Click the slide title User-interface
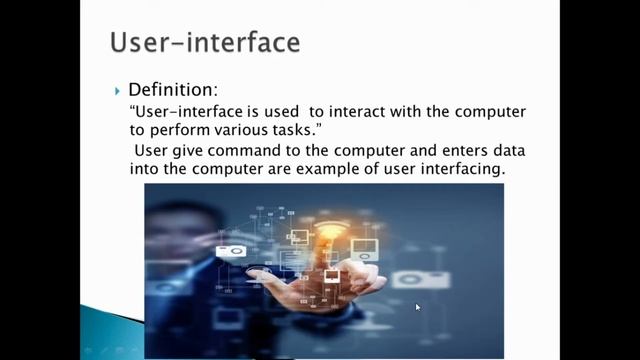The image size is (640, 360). tap(204, 44)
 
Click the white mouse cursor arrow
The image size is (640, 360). tap(418, 307)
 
